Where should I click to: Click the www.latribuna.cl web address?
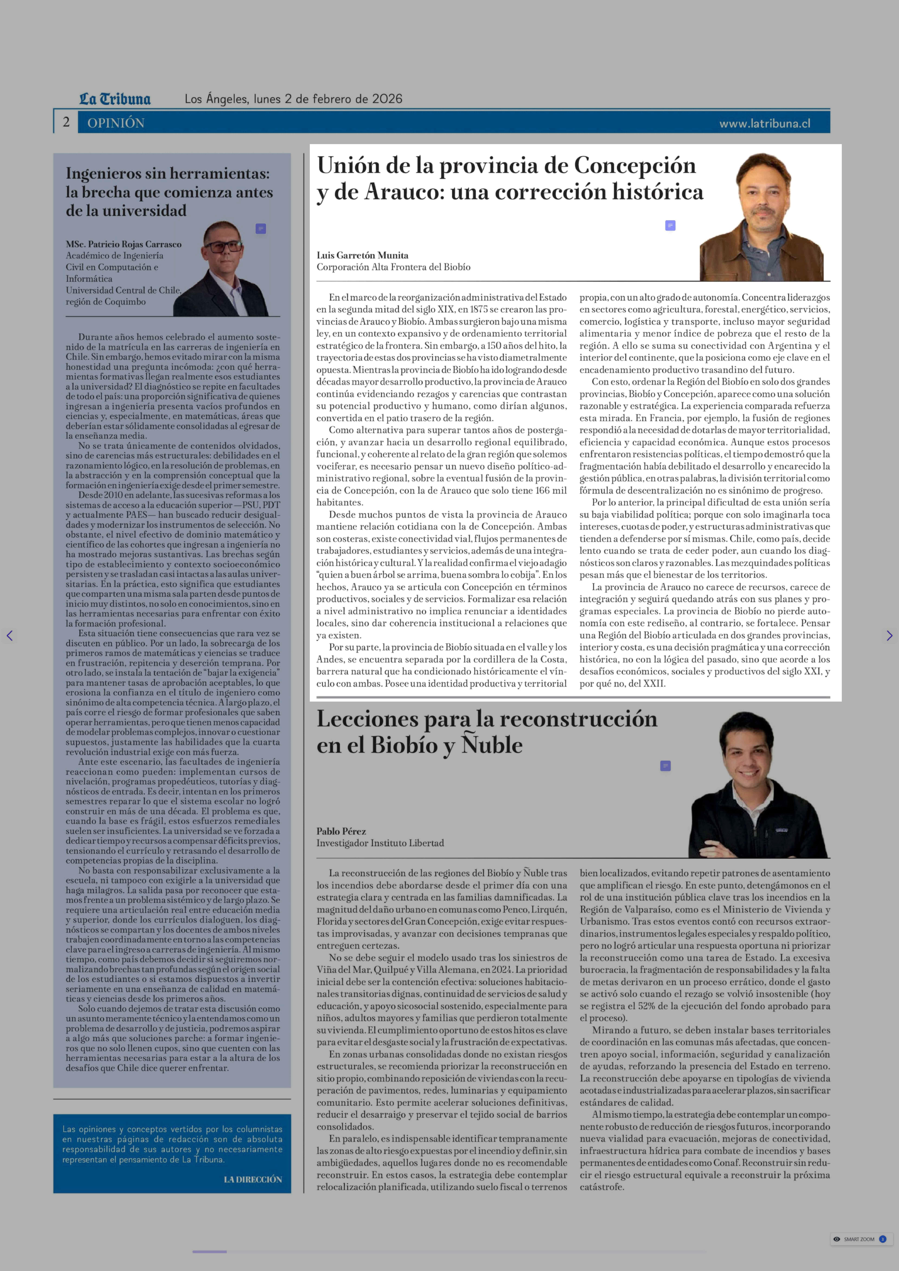point(765,124)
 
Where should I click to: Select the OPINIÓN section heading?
point(116,123)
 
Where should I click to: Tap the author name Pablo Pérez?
point(341,831)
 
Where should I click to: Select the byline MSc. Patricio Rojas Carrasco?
point(124,244)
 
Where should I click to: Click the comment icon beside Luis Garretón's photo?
point(670,225)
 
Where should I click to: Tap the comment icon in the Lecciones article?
point(665,766)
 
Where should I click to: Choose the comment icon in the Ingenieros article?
point(261,229)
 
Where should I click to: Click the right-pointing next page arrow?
point(889,636)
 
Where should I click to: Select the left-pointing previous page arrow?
point(9,636)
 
